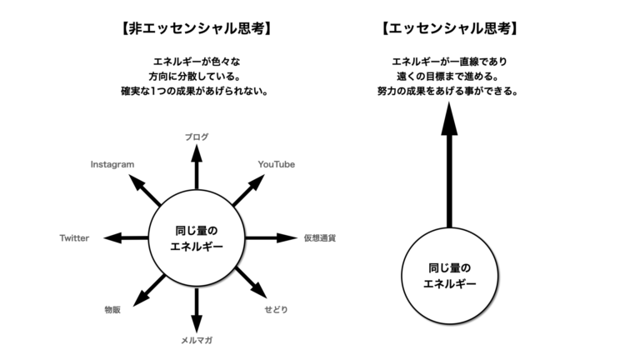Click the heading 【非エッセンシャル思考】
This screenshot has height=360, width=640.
(197, 28)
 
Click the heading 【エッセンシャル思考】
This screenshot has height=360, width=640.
(450, 28)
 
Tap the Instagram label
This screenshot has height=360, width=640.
(112, 164)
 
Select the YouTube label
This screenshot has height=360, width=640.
(277, 164)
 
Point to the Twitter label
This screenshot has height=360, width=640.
(74, 238)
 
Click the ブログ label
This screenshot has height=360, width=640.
(197, 137)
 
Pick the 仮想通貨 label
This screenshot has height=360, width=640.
(320, 238)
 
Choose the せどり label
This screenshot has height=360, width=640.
(277, 309)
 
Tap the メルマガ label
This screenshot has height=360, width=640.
(197, 340)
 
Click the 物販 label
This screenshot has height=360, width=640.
(112, 310)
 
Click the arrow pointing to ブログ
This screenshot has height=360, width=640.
(197, 167)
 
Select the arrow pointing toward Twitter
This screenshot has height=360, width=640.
(126, 237)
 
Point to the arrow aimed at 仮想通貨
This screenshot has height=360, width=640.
(271, 237)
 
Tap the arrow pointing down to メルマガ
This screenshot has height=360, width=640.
(197, 310)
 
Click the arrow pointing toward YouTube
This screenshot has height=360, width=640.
(248, 190)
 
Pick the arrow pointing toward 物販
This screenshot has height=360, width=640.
(149, 290)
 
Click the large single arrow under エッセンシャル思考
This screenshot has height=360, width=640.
(449, 165)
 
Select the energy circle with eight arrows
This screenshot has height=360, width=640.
(197, 238)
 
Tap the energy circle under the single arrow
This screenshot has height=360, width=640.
(450, 276)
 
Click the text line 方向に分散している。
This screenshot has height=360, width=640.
(194, 77)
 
